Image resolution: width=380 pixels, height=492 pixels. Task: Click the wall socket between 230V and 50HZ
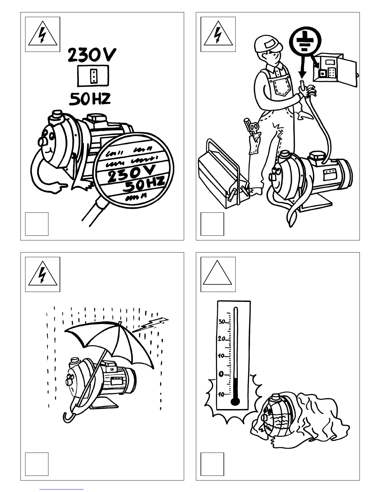click(93, 76)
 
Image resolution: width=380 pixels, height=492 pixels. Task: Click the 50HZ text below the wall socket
click(89, 99)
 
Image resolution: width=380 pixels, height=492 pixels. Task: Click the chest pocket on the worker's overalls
click(283, 86)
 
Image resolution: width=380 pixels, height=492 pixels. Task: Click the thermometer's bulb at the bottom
click(235, 402)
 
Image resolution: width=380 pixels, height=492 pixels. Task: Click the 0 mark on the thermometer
click(221, 374)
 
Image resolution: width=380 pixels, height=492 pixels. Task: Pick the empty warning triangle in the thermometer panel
click(218, 274)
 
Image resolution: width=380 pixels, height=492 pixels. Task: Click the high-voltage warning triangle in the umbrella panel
click(43, 274)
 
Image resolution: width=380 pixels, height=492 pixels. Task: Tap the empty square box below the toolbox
click(212, 224)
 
